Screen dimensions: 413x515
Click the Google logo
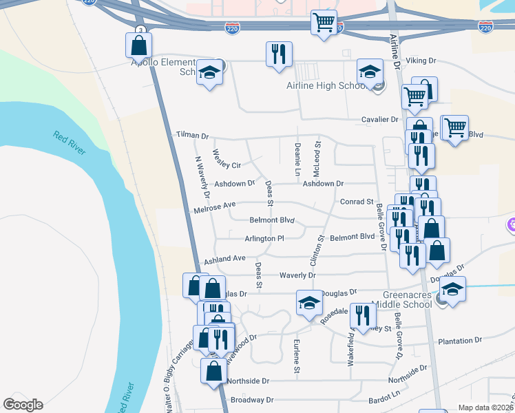pyautogui.click(x=23, y=405)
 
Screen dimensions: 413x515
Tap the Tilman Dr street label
pyautogui.click(x=191, y=136)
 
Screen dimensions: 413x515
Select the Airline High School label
pyautogui.click(x=326, y=86)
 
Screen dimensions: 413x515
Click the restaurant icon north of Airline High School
pyautogui.click(x=279, y=54)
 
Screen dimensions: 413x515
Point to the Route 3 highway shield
pyautogui.click(x=140, y=30)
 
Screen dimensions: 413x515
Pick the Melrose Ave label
pyautogui.click(x=215, y=205)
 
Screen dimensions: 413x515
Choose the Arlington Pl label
pyautogui.click(x=264, y=238)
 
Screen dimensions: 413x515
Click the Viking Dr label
pyautogui.click(x=421, y=61)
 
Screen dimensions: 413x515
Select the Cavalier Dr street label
pyautogui.click(x=380, y=119)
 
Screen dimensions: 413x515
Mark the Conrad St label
pyautogui.click(x=357, y=202)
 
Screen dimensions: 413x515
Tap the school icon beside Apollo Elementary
pyautogui.click(x=209, y=72)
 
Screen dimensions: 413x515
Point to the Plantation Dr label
pyautogui.click(x=460, y=341)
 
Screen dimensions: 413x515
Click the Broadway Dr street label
pyautogui.click(x=252, y=400)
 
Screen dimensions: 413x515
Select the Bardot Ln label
pyautogui.click(x=384, y=395)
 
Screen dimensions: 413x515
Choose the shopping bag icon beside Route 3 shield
pyautogui.click(x=138, y=45)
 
